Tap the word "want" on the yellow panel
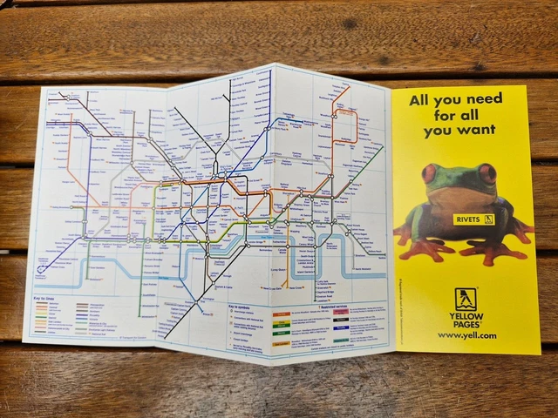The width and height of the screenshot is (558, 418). click(476, 131)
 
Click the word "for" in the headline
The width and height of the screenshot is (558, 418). click(440, 115)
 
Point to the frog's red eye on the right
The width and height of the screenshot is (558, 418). click(487, 174)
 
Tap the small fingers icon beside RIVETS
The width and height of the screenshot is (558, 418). click(489, 219)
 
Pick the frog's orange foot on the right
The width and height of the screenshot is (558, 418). click(493, 252)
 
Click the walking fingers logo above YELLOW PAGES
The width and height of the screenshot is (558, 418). click(466, 300)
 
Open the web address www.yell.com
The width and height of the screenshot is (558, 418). click(466, 335)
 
